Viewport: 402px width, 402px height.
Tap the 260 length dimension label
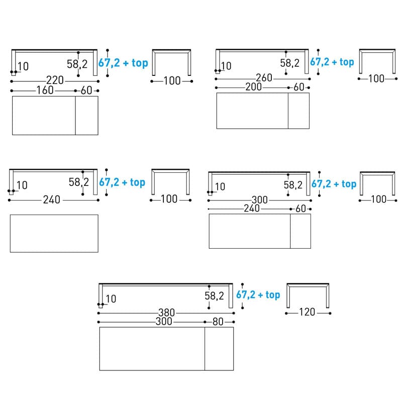coord(264,78)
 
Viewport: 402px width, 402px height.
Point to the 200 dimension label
coord(253,87)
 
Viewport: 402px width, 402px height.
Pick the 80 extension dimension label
coord(218,322)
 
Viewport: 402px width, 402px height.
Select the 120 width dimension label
coord(307,313)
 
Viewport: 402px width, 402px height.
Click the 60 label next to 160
coord(86,91)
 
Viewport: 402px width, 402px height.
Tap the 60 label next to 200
coord(298,87)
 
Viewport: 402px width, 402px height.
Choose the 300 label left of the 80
coord(164,322)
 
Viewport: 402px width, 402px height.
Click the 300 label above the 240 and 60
coord(260,200)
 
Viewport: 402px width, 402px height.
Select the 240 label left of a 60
coord(252,209)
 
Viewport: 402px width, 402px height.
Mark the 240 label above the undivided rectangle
coord(51,200)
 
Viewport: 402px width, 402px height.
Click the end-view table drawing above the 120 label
coord(308,295)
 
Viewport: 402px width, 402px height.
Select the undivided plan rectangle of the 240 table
coord(54,233)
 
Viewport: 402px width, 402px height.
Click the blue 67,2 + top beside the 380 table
coord(258,295)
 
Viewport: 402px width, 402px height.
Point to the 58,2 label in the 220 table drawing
coord(77,64)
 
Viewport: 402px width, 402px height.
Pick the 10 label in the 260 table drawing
coord(226,66)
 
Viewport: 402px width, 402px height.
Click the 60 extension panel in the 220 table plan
coord(86,115)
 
